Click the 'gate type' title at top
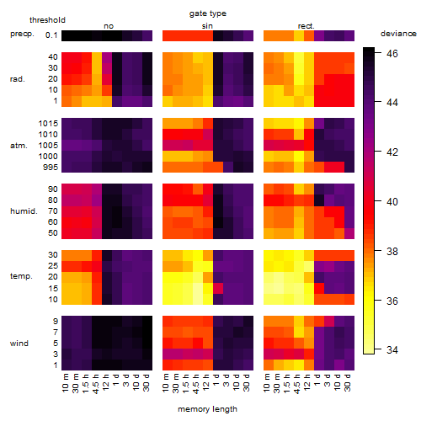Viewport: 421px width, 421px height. (x=208, y=13)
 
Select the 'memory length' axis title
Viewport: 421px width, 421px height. (x=207, y=409)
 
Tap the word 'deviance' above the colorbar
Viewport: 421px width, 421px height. (x=398, y=34)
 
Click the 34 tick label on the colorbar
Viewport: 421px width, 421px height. (x=392, y=349)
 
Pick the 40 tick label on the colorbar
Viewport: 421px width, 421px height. (x=392, y=201)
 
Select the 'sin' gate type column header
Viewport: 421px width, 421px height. (x=207, y=26)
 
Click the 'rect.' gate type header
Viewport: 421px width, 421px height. (x=306, y=26)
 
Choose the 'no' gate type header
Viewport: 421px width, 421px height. (x=109, y=26)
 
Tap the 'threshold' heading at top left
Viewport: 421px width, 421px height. (x=47, y=20)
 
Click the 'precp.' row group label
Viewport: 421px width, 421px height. (x=22, y=34)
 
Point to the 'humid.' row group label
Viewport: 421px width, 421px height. (x=24, y=211)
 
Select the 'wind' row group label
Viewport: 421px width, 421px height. (x=19, y=344)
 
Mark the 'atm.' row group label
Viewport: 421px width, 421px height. (x=19, y=146)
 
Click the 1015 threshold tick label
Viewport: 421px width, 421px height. (x=48, y=123)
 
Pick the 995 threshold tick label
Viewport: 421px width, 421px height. (x=51, y=168)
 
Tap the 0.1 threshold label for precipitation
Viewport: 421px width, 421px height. (x=51, y=35)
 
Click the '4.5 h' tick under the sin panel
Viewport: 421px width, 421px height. (x=196, y=383)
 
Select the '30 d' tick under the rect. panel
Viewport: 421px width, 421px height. (x=348, y=383)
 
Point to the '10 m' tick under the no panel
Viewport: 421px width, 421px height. (x=65, y=383)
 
